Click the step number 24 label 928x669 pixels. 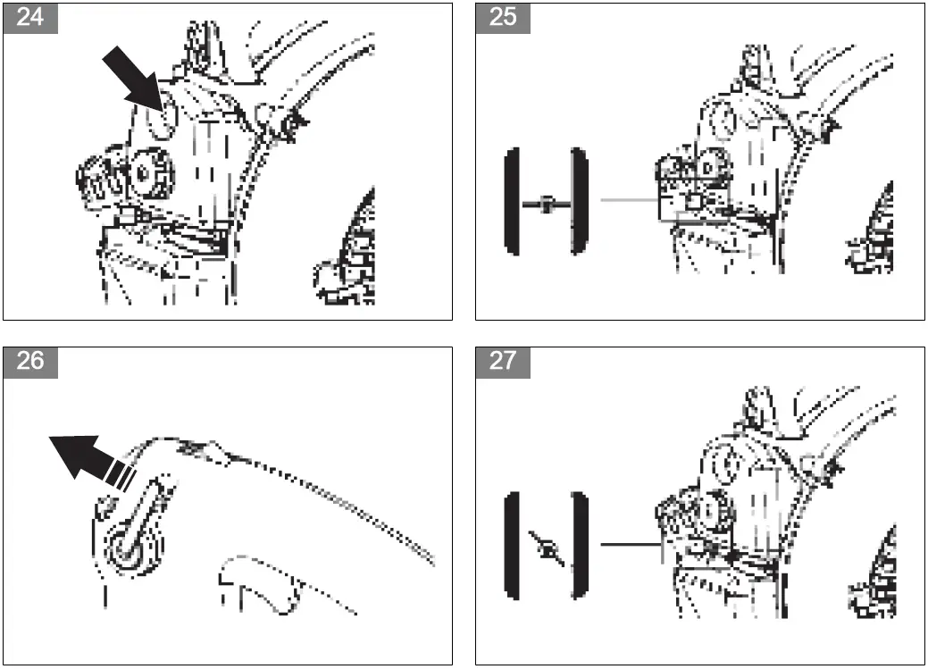29,18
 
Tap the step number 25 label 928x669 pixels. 503,18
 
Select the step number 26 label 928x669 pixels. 29,362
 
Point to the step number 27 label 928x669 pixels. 503,362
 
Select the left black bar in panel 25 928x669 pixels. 511,203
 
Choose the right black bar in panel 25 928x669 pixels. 578,203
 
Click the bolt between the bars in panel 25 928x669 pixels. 545,204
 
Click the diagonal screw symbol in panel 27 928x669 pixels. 545,547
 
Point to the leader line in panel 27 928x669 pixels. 630,543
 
